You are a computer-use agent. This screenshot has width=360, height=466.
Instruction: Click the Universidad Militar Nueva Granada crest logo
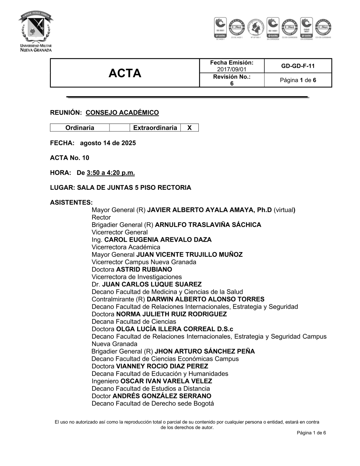point(36,32)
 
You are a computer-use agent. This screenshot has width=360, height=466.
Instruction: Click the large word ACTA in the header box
point(125,73)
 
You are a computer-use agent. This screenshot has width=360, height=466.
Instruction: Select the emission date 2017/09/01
point(232,69)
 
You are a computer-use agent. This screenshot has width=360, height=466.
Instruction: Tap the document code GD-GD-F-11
point(298,66)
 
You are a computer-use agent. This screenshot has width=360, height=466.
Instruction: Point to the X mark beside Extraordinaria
point(189,128)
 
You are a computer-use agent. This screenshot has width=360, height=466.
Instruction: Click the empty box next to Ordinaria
point(119,128)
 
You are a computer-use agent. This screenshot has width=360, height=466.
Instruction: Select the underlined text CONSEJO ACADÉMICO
point(122,113)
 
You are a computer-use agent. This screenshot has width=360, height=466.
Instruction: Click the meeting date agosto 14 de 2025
point(108,143)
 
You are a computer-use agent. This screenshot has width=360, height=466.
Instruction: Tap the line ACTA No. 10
point(69,158)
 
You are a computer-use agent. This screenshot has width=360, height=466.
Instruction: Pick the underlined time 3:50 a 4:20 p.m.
point(111,173)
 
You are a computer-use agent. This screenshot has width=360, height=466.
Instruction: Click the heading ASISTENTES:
point(71,202)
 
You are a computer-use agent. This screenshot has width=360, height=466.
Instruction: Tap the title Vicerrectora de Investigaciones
point(136,277)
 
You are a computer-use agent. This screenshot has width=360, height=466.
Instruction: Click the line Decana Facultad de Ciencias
point(134,322)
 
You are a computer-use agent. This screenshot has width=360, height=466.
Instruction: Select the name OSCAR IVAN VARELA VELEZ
point(166,381)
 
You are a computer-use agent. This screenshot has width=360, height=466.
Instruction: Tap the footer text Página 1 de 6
point(311,433)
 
